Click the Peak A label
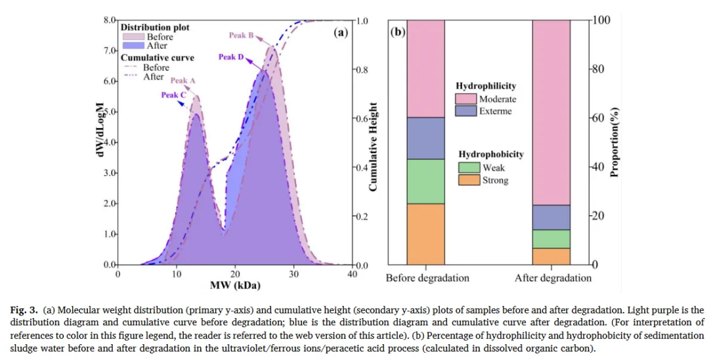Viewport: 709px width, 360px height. pyautogui.click(x=183, y=81)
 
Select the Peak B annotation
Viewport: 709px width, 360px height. pyautogui.click(x=242, y=35)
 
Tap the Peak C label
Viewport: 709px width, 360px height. pyautogui.click(x=174, y=95)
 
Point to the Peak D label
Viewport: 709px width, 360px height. pyautogui.click(x=231, y=57)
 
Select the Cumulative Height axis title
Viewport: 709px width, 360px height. pyautogui.click(x=373, y=147)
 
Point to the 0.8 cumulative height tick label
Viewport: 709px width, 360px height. pyautogui.click(x=362, y=70)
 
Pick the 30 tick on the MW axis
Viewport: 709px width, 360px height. pyautogui.click(x=294, y=275)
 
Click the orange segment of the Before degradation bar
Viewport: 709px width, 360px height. pyautogui.click(x=425, y=234)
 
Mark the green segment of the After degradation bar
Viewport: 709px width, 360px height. pyautogui.click(x=551, y=238)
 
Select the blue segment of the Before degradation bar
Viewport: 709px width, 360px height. pyautogui.click(x=425, y=138)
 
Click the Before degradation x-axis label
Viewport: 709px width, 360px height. pyautogui.click(x=427, y=278)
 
